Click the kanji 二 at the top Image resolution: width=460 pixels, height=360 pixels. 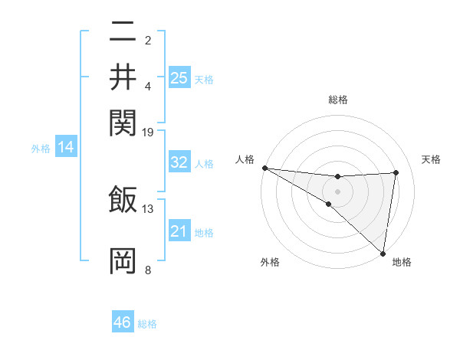tap(123, 33)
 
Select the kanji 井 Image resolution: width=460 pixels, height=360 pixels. tap(123, 77)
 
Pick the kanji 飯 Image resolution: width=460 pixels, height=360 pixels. tap(123, 199)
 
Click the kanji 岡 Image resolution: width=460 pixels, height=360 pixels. tap(123, 260)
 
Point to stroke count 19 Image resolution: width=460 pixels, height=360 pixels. tap(148, 132)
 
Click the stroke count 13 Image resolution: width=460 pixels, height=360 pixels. tap(148, 208)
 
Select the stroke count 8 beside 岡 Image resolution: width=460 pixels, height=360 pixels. tap(148, 270)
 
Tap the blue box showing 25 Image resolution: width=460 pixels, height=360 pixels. tap(179, 77)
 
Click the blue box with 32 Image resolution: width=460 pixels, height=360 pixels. tap(179, 162)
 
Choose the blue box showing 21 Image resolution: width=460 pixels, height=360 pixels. tap(179, 231)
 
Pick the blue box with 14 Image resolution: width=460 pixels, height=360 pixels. tap(65, 148)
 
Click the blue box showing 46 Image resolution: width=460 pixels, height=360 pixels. tap(123, 322)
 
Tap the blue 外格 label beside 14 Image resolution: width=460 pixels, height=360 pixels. tap(41, 149)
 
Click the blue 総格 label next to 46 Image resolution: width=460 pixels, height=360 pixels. tap(147, 324)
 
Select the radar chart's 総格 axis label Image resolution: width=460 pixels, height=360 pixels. tap(338, 100)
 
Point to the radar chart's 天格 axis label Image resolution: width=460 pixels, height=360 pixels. tap(431, 159)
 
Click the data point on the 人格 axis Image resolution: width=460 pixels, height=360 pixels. tap(264, 168)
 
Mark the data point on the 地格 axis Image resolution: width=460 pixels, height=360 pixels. tap(383, 252)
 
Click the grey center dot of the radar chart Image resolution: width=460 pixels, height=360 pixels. tap(338, 191)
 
